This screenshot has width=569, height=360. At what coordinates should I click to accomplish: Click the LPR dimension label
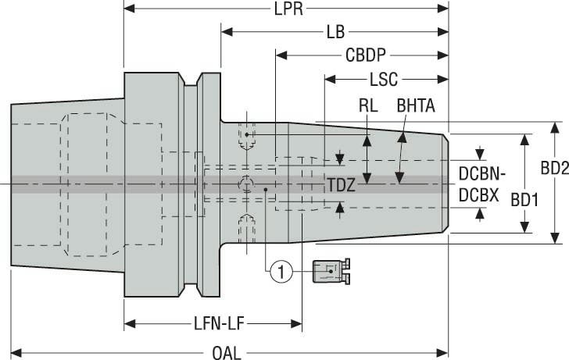coord(288,9)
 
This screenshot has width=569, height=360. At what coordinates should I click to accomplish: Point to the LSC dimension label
coord(383,80)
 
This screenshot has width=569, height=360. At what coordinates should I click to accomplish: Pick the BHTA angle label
coord(416,105)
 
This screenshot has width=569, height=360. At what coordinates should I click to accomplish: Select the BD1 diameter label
coord(525,199)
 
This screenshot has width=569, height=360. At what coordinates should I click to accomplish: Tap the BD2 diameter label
coord(554,167)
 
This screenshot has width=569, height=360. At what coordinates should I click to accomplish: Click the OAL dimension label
coord(227,352)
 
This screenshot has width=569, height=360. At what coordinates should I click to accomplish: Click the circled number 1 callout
coord(281,272)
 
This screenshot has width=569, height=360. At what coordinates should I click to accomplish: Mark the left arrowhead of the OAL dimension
coord(15,352)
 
